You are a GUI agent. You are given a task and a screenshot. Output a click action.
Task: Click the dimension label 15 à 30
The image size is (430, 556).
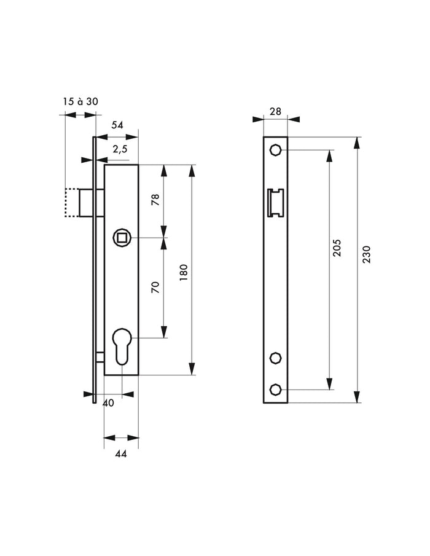point(80,102)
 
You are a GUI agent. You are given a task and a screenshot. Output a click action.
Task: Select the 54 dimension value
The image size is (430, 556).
point(117,125)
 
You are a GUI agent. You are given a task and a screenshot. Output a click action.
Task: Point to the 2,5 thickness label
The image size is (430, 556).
point(120,150)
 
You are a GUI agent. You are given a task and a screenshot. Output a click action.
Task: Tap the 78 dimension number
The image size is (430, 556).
point(155,200)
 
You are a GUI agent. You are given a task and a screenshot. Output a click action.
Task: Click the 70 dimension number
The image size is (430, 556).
point(155,287)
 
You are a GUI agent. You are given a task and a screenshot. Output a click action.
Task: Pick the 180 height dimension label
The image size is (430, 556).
point(184,273)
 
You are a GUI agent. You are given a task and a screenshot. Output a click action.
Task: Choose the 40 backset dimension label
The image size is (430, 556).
point(108,403)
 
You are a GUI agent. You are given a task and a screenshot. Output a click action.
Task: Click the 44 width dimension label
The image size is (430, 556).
point(121,453)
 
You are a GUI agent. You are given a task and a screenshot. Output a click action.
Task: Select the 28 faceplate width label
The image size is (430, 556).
point(275,111)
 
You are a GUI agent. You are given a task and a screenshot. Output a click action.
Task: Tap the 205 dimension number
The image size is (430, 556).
point(337,248)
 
